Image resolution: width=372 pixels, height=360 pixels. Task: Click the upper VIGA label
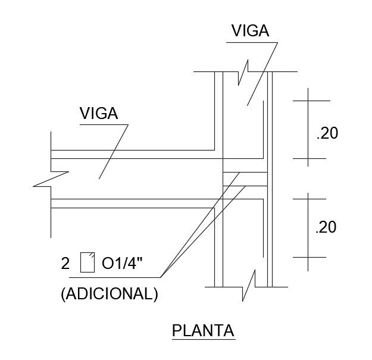[250, 31]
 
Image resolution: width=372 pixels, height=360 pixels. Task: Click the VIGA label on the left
[99, 113]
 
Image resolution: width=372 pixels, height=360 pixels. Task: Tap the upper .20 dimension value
[327, 134]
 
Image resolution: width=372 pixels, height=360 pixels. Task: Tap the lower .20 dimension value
[327, 227]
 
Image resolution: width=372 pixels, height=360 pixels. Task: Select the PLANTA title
[203, 330]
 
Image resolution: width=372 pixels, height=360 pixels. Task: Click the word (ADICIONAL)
[110, 295]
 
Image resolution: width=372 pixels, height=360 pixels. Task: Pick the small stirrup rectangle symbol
[87, 262]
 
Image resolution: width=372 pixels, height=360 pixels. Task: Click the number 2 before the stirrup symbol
[65, 263]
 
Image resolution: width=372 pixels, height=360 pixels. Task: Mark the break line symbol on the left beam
[51, 179]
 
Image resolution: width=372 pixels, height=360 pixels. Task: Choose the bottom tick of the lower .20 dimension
[308, 257]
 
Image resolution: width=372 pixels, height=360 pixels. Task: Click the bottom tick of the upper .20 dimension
[308, 159]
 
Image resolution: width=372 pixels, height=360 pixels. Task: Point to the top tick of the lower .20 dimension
[308, 199]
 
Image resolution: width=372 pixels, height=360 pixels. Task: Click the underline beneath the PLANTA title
[204, 339]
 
